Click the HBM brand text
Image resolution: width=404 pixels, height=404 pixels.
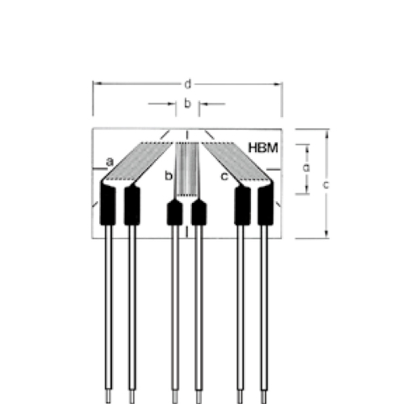(x=263, y=148)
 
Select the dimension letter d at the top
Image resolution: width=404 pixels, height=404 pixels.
(x=187, y=83)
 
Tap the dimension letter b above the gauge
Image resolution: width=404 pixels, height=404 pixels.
(x=187, y=104)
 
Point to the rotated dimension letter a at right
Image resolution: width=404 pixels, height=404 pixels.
(x=306, y=167)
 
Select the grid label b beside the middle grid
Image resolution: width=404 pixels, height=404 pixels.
(x=168, y=176)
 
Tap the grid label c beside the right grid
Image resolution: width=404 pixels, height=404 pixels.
(x=223, y=176)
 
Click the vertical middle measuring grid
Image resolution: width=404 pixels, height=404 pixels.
(x=187, y=168)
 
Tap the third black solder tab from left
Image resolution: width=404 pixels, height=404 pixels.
(x=174, y=212)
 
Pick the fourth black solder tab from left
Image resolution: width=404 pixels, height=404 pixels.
(x=199, y=212)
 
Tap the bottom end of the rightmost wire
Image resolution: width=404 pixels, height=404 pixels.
(x=266, y=394)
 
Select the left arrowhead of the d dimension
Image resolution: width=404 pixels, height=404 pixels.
(x=96, y=83)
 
